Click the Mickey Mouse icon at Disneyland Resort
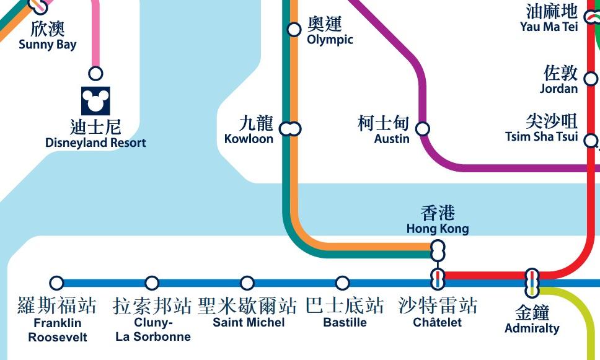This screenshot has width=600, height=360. (95, 100)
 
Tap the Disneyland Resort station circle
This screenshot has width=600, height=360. (95, 74)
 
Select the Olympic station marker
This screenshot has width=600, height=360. (294, 29)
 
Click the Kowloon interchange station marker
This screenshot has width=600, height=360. (290, 129)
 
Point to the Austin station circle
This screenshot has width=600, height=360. (422, 129)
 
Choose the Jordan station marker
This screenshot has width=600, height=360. (591, 79)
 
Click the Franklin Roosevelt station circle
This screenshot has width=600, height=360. (56, 283)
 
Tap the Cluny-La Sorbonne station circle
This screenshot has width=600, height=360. (152, 283)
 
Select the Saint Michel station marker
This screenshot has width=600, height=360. (247, 283)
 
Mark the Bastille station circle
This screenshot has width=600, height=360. (342, 283)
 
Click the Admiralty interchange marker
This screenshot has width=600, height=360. (532, 283)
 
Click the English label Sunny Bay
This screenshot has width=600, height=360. (48, 45)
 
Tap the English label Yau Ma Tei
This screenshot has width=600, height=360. (549, 27)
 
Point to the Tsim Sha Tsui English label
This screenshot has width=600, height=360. (541, 137)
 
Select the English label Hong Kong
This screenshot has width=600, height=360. (438, 229)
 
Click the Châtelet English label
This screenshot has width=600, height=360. (438, 323)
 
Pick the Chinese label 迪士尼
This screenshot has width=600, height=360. (95, 127)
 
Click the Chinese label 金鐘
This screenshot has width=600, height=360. (532, 313)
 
